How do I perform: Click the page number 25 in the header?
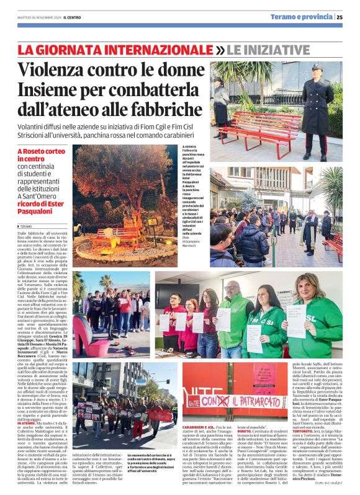pos(340,17)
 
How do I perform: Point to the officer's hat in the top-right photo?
pos(316,66)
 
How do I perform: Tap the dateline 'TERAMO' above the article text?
pos(27,228)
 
